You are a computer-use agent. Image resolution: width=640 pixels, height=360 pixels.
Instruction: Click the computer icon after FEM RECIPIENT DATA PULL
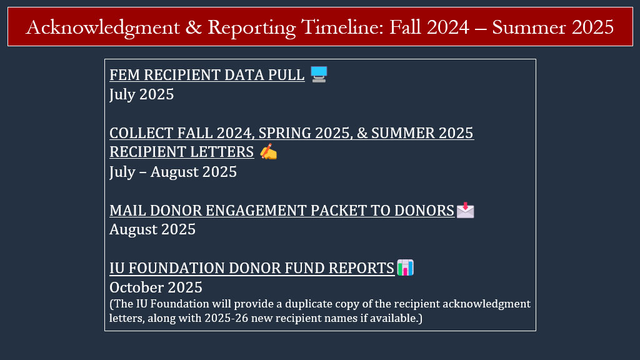point(319,74)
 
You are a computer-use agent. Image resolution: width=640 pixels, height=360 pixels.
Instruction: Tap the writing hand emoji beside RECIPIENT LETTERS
point(268,152)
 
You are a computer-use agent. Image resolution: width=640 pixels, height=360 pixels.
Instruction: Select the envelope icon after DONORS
point(465,210)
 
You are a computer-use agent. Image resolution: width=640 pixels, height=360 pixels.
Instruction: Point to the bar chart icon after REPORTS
point(405,267)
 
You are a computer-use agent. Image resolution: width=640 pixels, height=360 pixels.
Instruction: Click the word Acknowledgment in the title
point(103,27)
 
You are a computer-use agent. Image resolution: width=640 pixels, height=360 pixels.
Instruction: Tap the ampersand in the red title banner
point(194,27)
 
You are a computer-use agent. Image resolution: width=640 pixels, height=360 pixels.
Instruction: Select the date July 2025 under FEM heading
point(142,94)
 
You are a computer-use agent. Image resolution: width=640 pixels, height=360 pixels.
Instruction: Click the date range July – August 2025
point(173,171)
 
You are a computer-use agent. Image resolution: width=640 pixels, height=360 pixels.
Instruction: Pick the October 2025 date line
point(156,287)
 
